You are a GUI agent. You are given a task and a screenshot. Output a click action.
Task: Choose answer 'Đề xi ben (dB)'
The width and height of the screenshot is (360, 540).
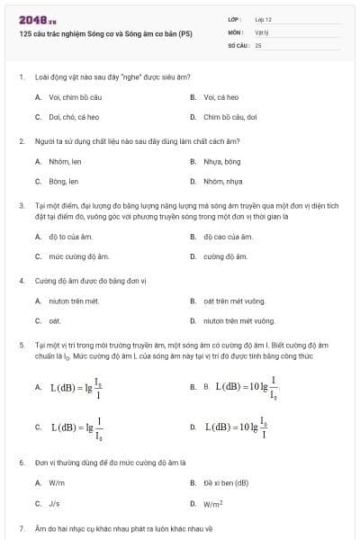click(x=226, y=482)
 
